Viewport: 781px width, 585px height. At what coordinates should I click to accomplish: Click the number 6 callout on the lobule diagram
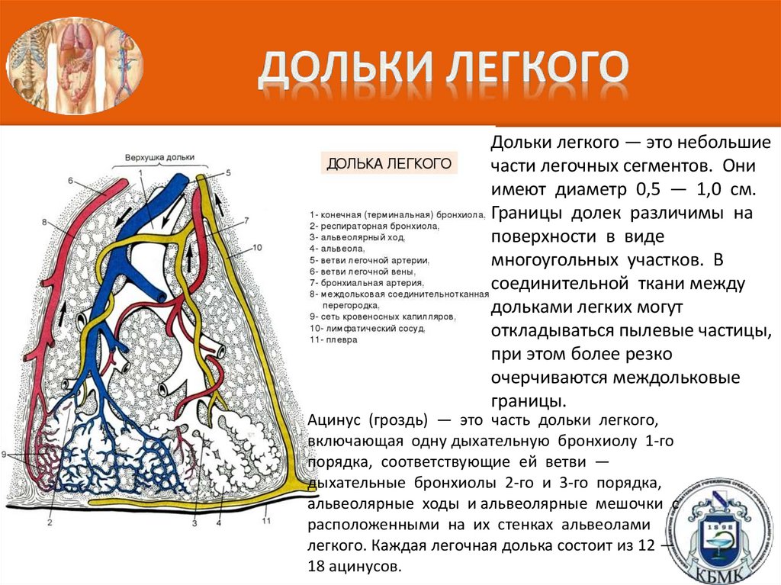pos(69,182)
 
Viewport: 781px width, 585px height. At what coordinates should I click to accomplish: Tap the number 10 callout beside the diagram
pos(256,247)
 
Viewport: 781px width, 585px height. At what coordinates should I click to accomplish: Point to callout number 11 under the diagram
pos(266,521)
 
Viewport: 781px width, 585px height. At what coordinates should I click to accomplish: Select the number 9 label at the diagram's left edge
pos(4,455)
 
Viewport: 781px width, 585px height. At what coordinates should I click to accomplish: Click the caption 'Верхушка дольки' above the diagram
pos(154,158)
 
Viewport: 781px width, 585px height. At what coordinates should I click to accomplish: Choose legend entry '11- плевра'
pos(333,340)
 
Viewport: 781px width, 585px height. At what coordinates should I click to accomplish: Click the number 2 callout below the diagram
pos(50,522)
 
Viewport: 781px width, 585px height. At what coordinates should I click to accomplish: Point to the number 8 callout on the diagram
pos(45,222)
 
